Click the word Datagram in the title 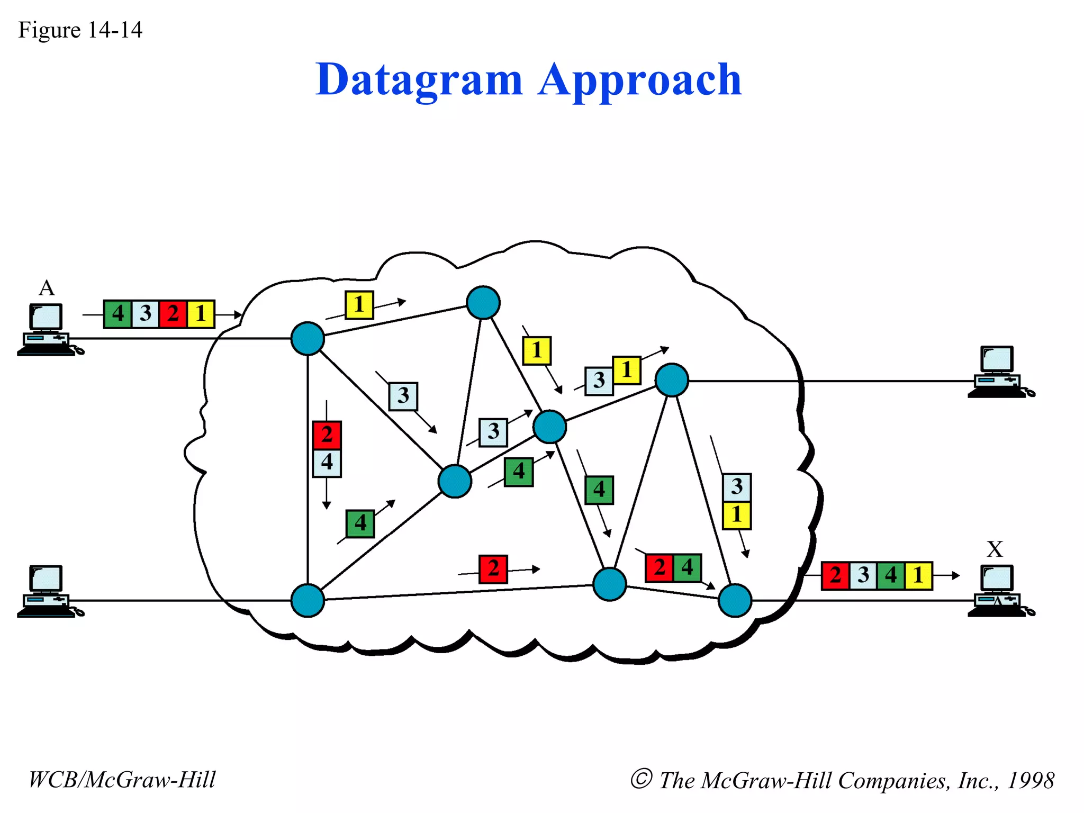point(419,80)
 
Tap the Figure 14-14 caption point(80,30)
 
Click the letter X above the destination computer point(995,549)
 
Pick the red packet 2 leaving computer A point(173,314)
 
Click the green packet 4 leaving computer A point(118,314)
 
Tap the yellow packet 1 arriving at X point(918,575)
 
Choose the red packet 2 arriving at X point(835,575)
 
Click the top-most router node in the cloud point(483,302)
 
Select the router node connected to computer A point(308,338)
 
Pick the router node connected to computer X point(735,600)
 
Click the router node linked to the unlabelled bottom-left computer point(308,600)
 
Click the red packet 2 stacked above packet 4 point(327,435)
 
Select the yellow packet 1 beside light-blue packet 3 point(627,370)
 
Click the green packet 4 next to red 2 point(687,568)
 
